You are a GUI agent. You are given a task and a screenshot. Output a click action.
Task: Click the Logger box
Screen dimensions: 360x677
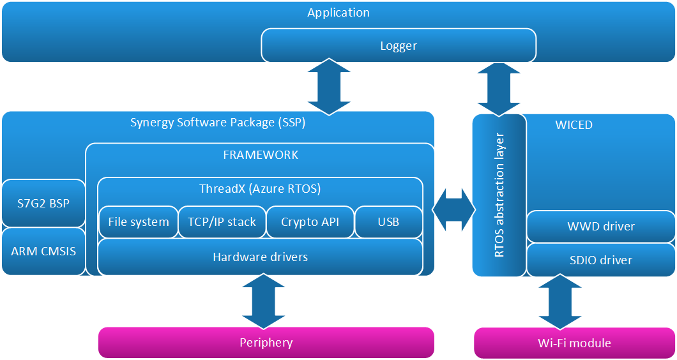(399, 46)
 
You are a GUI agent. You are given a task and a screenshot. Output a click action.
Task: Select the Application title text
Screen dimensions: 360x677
(338, 13)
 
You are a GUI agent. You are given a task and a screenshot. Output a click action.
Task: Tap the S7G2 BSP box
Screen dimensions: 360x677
(43, 204)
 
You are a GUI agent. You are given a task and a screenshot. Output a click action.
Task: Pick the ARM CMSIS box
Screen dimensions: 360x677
(43, 251)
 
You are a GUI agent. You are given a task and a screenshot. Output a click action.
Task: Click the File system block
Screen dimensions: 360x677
(139, 222)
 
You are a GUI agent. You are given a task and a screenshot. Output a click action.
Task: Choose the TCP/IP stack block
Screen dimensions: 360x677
(222, 222)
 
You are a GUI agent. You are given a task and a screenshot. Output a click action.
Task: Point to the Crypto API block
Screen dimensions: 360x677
(310, 222)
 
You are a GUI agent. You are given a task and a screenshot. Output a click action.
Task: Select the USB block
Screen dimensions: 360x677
(388, 222)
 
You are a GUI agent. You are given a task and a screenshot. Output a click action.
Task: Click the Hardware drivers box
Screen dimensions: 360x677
(260, 257)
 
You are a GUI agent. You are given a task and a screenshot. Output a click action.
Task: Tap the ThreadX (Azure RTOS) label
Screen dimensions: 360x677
(260, 189)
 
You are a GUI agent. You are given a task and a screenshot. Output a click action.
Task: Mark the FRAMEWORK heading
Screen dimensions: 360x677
(261, 155)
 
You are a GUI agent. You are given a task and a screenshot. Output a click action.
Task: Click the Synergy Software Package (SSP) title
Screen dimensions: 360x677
(218, 123)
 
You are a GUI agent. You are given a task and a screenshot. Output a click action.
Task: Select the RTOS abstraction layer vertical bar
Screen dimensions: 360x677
(499, 195)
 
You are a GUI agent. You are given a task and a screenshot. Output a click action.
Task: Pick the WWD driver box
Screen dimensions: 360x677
(601, 227)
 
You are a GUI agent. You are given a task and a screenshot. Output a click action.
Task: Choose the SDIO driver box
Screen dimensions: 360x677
(601, 260)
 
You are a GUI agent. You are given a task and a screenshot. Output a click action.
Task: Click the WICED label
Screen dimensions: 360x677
(574, 125)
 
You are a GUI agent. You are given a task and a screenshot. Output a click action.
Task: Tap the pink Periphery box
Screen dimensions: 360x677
(266, 343)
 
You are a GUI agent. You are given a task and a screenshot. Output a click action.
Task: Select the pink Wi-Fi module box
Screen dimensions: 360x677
(574, 343)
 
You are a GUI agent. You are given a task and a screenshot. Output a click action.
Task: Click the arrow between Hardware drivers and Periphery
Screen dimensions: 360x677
(260, 301)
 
